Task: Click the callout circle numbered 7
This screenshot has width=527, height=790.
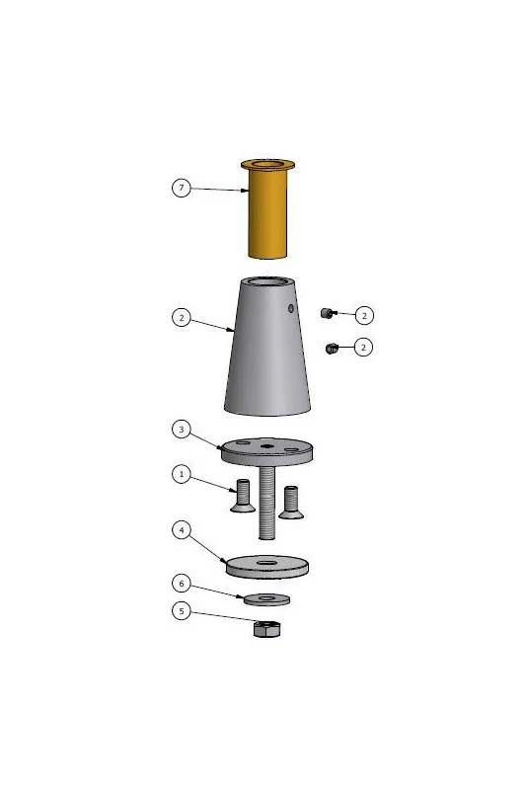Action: point(182,188)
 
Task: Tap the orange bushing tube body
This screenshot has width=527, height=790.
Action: point(267,214)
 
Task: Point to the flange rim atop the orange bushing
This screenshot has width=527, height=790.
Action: point(267,164)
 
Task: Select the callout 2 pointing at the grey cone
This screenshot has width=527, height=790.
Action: point(182,317)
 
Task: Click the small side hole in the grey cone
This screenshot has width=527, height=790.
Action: point(291,308)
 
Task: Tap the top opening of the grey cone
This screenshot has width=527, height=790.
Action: point(266,281)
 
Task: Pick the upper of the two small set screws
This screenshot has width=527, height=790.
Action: point(326,313)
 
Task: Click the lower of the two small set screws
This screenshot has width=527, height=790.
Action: point(332,349)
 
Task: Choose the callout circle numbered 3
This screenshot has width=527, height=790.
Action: point(182,430)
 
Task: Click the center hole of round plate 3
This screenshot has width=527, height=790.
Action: point(266,446)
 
